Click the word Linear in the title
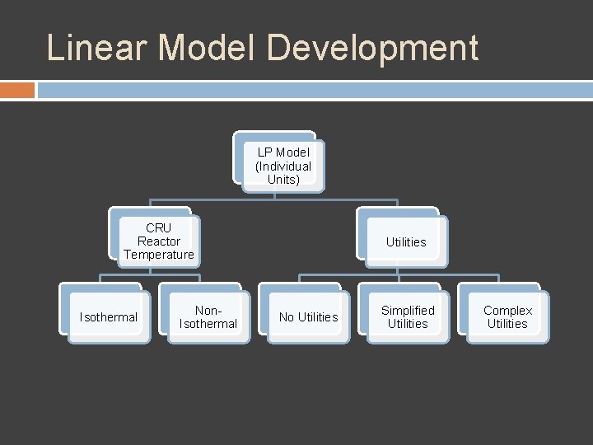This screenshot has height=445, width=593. click(97, 48)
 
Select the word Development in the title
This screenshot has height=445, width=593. click(372, 48)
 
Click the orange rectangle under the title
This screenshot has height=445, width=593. click(17, 90)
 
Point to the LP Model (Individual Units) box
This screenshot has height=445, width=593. click(282, 166)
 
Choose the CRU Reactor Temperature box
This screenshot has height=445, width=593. click(158, 241)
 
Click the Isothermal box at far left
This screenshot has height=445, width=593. click(108, 317)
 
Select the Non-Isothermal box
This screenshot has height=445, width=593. click(208, 317)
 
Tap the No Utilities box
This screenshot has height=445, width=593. click(308, 317)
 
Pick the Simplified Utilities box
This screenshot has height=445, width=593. click(408, 317)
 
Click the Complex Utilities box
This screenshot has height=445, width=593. click(507, 317)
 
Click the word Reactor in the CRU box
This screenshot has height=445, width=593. click(158, 241)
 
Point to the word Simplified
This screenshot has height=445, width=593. click(408, 311)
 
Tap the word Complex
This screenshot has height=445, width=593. click(507, 311)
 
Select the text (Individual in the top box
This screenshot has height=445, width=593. click(283, 166)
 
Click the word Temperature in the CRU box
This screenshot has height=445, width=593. click(158, 255)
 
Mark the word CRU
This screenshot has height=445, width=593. click(158, 228)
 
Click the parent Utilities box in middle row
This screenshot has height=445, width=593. click(406, 241)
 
